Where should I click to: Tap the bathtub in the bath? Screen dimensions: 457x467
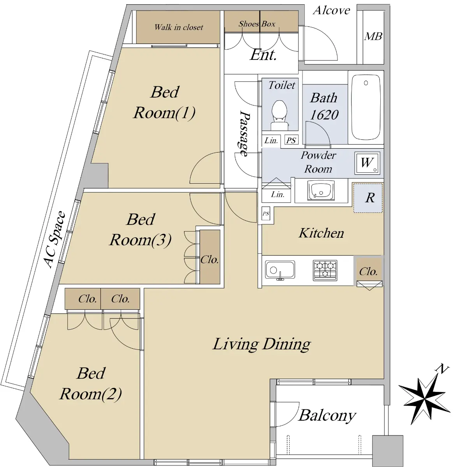366,107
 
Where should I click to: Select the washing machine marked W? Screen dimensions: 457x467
367,163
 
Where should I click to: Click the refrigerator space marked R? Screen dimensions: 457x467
368,198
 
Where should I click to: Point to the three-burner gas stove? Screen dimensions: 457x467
325,270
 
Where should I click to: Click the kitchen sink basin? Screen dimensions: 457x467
280,270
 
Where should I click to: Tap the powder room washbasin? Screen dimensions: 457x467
321,191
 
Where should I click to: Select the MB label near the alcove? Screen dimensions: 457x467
373,37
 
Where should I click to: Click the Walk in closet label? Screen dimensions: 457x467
179,27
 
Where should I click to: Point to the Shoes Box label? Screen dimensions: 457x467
257,24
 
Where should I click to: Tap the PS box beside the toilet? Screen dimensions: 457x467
292,140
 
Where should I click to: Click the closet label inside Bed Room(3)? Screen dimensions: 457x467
209,260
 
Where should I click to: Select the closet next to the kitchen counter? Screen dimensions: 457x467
369,271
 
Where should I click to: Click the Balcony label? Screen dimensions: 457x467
327,416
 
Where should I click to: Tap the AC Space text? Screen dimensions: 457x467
55,239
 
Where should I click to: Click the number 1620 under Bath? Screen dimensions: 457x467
324,115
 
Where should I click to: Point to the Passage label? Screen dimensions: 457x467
245,133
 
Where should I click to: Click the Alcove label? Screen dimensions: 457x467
332,11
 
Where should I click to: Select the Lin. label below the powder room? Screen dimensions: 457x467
278,194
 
